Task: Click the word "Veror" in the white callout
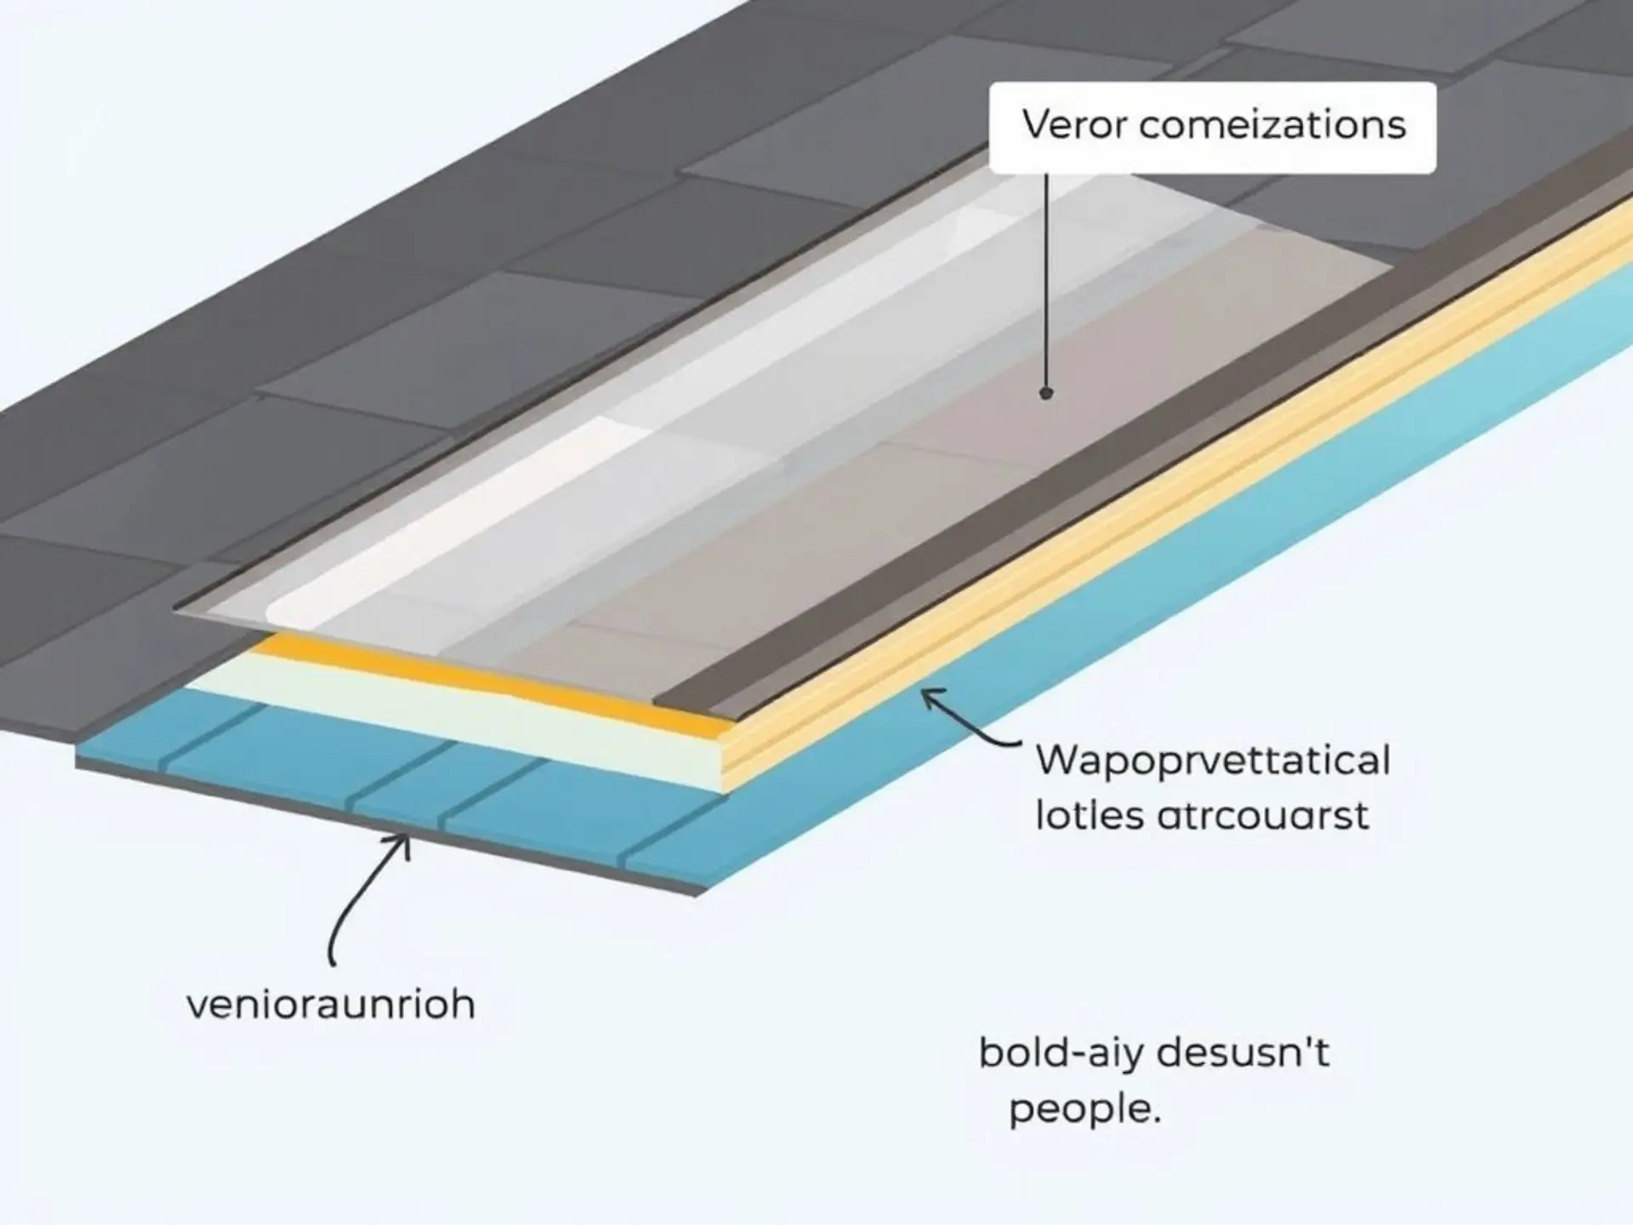1073,125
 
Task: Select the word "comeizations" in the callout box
1272,125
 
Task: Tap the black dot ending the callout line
1046,393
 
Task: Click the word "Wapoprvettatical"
1213,760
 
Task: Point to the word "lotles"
1089,815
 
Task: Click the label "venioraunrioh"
330,1005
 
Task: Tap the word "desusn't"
1243,1053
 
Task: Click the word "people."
1084,1108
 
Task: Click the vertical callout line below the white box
1046,281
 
